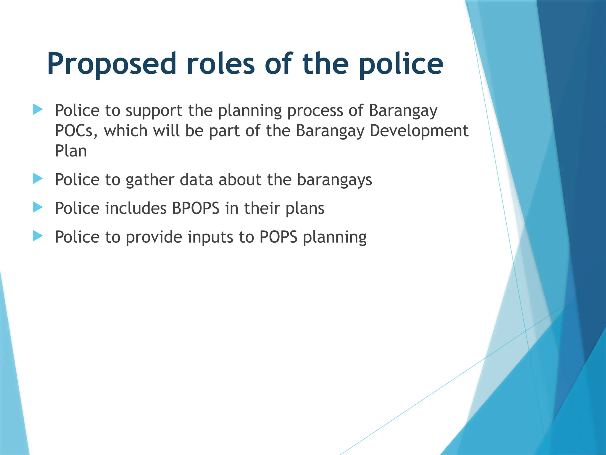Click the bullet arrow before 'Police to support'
(38, 109)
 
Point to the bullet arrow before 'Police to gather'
(38, 179)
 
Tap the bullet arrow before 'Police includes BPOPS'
(38, 207)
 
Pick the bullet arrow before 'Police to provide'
(38, 236)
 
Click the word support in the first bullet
(154, 111)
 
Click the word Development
(419, 131)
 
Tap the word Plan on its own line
(71, 151)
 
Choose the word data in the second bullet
(196, 180)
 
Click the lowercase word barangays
(334, 180)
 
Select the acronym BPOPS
(196, 208)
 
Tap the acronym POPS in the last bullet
(278, 237)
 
